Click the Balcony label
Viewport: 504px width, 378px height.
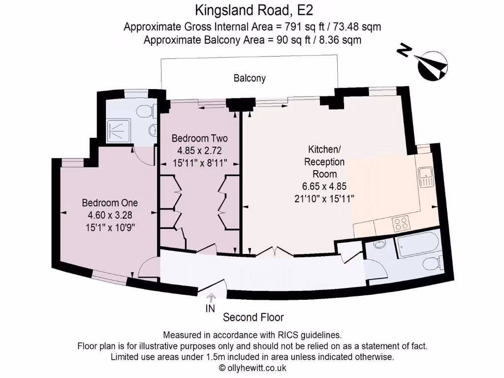pyautogui.click(x=250, y=78)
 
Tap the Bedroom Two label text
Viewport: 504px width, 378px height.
pyautogui.click(x=199, y=138)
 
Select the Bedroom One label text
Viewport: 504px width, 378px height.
pyautogui.click(x=110, y=203)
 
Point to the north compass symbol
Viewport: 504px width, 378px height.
pyautogui.click(x=432, y=65)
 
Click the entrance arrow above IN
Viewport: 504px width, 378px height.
pyautogui.click(x=212, y=297)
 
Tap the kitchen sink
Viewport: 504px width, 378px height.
pyautogui.click(x=425, y=176)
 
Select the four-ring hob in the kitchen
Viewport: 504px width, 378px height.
pyautogui.click(x=401, y=223)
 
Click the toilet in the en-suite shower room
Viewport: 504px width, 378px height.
pyautogui.click(x=145, y=111)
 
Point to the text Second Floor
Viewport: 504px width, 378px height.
pyautogui.click(x=253, y=317)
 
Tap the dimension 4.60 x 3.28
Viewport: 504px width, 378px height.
pyautogui.click(x=110, y=215)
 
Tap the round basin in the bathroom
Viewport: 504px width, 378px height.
pyautogui.click(x=380, y=244)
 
